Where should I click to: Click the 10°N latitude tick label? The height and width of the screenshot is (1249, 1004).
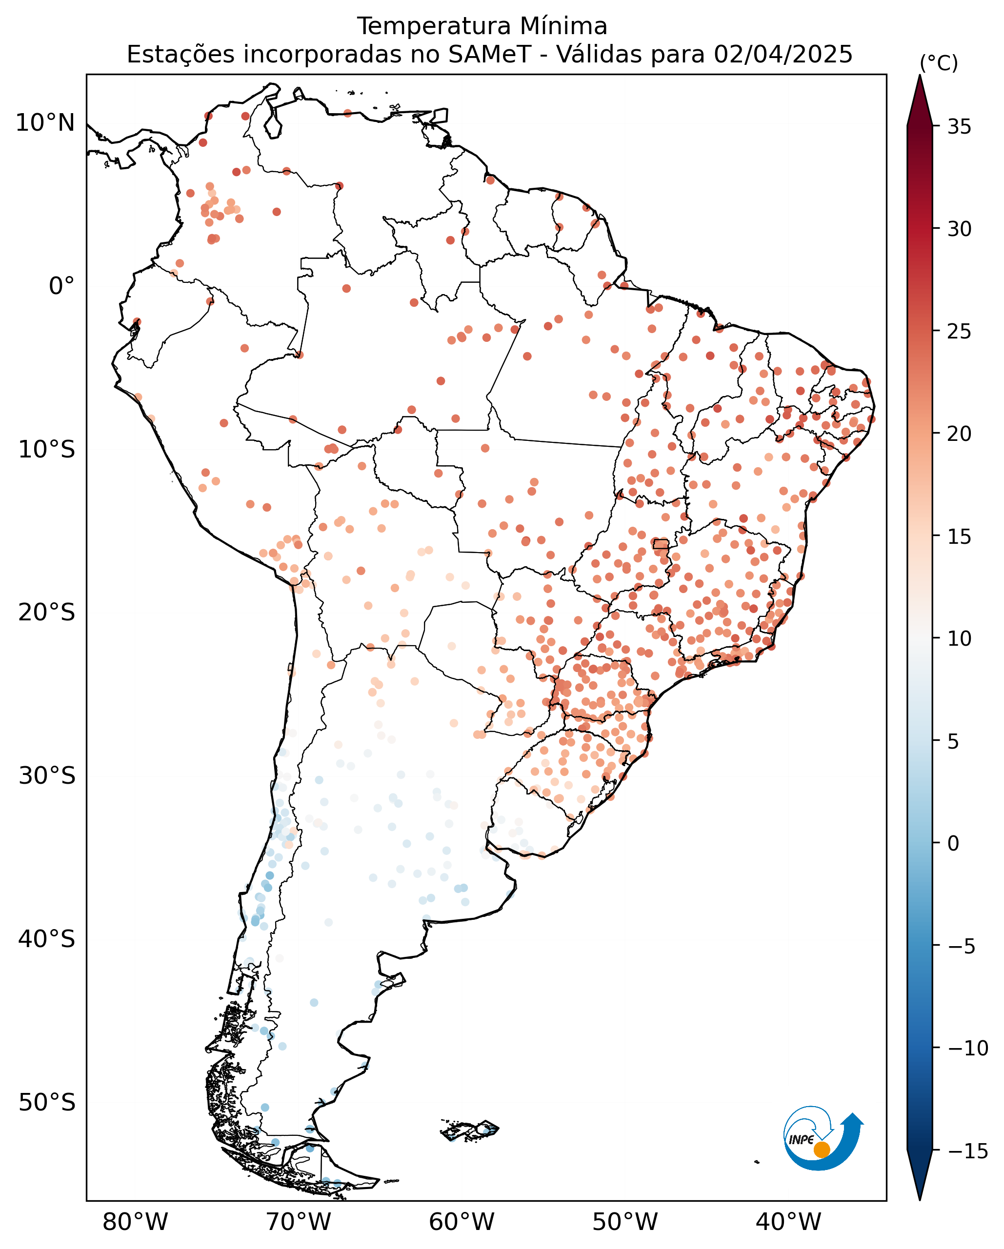(45, 123)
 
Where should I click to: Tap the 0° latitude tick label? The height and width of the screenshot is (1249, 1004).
(62, 286)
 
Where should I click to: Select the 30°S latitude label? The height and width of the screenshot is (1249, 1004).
(47, 776)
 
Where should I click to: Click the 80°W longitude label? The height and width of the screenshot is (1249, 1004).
(136, 1222)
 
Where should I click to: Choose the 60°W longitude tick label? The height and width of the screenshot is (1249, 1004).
(462, 1222)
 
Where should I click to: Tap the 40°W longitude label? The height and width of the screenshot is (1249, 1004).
(788, 1222)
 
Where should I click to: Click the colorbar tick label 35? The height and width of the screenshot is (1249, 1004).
(960, 127)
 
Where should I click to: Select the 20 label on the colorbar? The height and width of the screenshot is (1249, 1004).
(960, 434)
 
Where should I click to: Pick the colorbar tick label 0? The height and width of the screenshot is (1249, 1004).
(954, 844)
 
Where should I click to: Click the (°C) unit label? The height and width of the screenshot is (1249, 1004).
(939, 64)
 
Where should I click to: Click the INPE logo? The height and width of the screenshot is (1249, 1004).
(823, 1142)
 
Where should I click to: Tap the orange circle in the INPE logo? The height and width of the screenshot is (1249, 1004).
(822, 1150)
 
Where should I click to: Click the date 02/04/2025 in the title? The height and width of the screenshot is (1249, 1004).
(783, 55)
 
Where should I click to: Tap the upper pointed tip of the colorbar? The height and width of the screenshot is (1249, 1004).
(920, 76)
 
